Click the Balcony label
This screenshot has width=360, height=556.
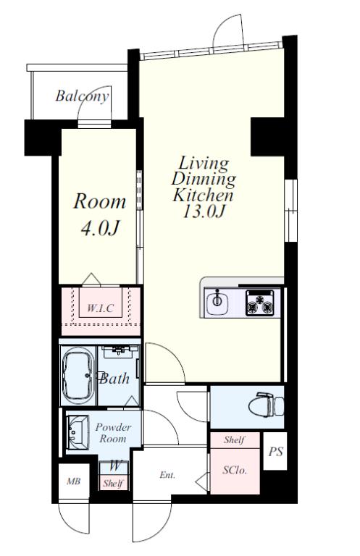82,96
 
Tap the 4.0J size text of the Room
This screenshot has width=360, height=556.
100,228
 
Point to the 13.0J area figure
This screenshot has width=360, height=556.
204,211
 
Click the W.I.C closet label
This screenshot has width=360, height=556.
101,308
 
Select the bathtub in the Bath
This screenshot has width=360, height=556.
78,376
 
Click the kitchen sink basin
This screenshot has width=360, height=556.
217,302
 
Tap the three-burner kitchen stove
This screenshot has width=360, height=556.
260,303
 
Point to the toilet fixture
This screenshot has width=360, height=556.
266,405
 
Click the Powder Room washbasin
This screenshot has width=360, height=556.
78,433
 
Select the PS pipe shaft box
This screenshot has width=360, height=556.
275,452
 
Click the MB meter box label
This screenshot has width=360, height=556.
73,481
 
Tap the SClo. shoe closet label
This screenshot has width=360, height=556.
235,470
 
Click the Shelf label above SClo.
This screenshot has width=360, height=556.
234,440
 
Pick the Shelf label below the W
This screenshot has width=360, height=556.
113,483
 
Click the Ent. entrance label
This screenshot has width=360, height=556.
167,475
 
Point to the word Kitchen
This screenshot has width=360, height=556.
204,195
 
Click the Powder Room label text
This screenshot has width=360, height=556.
113,433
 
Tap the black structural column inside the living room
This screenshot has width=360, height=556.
267,137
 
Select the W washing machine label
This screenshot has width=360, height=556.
114,466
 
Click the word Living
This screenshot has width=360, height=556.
204,164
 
